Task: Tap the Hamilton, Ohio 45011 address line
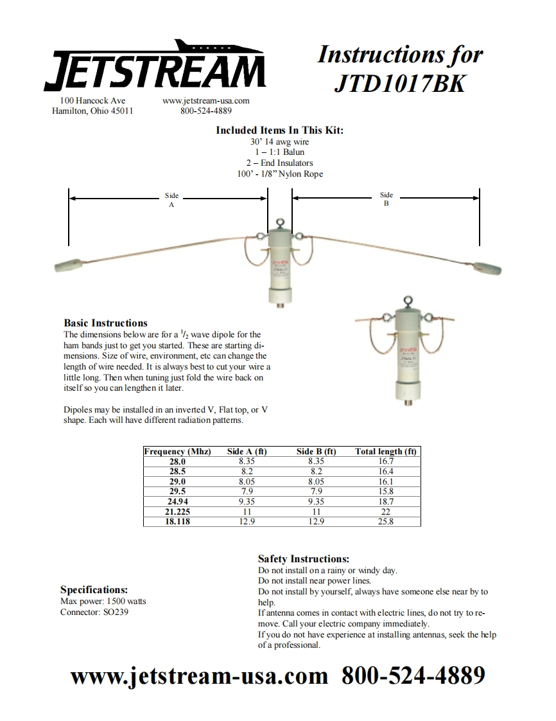92,111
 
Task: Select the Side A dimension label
171,200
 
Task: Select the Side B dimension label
386,199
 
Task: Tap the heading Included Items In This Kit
279,130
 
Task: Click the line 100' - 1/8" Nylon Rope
279,174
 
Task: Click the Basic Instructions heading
105,323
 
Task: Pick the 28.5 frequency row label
177,471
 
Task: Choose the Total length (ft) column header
386,452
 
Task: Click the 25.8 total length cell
386,522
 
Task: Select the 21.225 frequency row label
177,512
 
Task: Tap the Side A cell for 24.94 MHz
247,501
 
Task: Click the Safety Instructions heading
303,559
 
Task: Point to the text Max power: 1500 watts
103,601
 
